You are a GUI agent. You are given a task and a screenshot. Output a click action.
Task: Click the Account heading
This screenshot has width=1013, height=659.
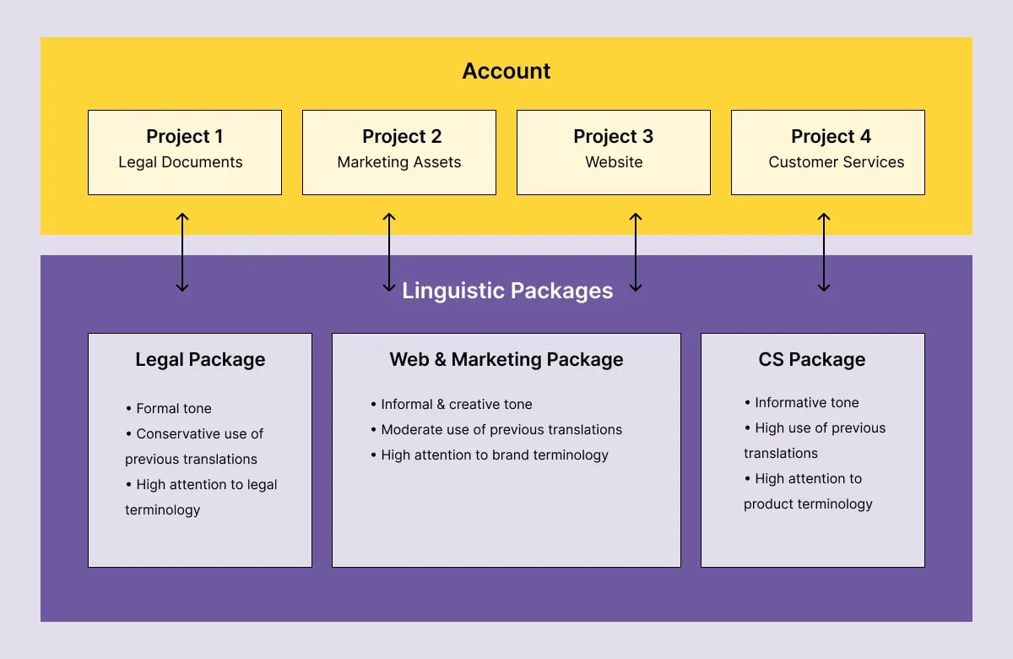click(506, 71)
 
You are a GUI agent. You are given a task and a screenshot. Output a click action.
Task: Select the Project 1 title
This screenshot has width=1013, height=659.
click(185, 136)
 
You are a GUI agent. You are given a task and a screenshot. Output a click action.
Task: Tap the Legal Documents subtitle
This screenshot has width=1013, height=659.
click(181, 162)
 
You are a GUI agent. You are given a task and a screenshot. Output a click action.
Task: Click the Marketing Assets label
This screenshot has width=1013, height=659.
click(399, 162)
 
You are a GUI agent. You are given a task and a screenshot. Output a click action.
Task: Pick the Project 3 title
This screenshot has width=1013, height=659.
click(614, 136)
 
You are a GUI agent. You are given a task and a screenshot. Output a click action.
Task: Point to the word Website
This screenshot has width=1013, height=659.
click(614, 162)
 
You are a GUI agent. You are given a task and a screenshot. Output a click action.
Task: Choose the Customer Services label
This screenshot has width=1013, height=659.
click(836, 162)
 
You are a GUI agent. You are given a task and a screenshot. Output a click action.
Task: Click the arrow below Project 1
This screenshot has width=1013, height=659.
click(182, 252)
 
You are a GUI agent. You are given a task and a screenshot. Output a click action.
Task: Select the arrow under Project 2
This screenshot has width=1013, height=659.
click(389, 252)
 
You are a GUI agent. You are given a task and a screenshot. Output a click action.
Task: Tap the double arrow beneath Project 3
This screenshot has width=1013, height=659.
click(637, 252)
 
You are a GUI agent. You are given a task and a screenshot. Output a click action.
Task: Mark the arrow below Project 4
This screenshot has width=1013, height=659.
click(824, 252)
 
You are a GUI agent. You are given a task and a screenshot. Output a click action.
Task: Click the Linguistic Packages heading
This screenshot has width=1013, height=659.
click(507, 291)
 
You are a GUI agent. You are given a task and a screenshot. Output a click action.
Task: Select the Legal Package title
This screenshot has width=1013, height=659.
click(200, 360)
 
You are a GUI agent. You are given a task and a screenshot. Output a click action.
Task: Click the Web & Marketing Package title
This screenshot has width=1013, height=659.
click(506, 360)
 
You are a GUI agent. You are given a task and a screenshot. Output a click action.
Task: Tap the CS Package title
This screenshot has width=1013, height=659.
click(812, 360)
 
